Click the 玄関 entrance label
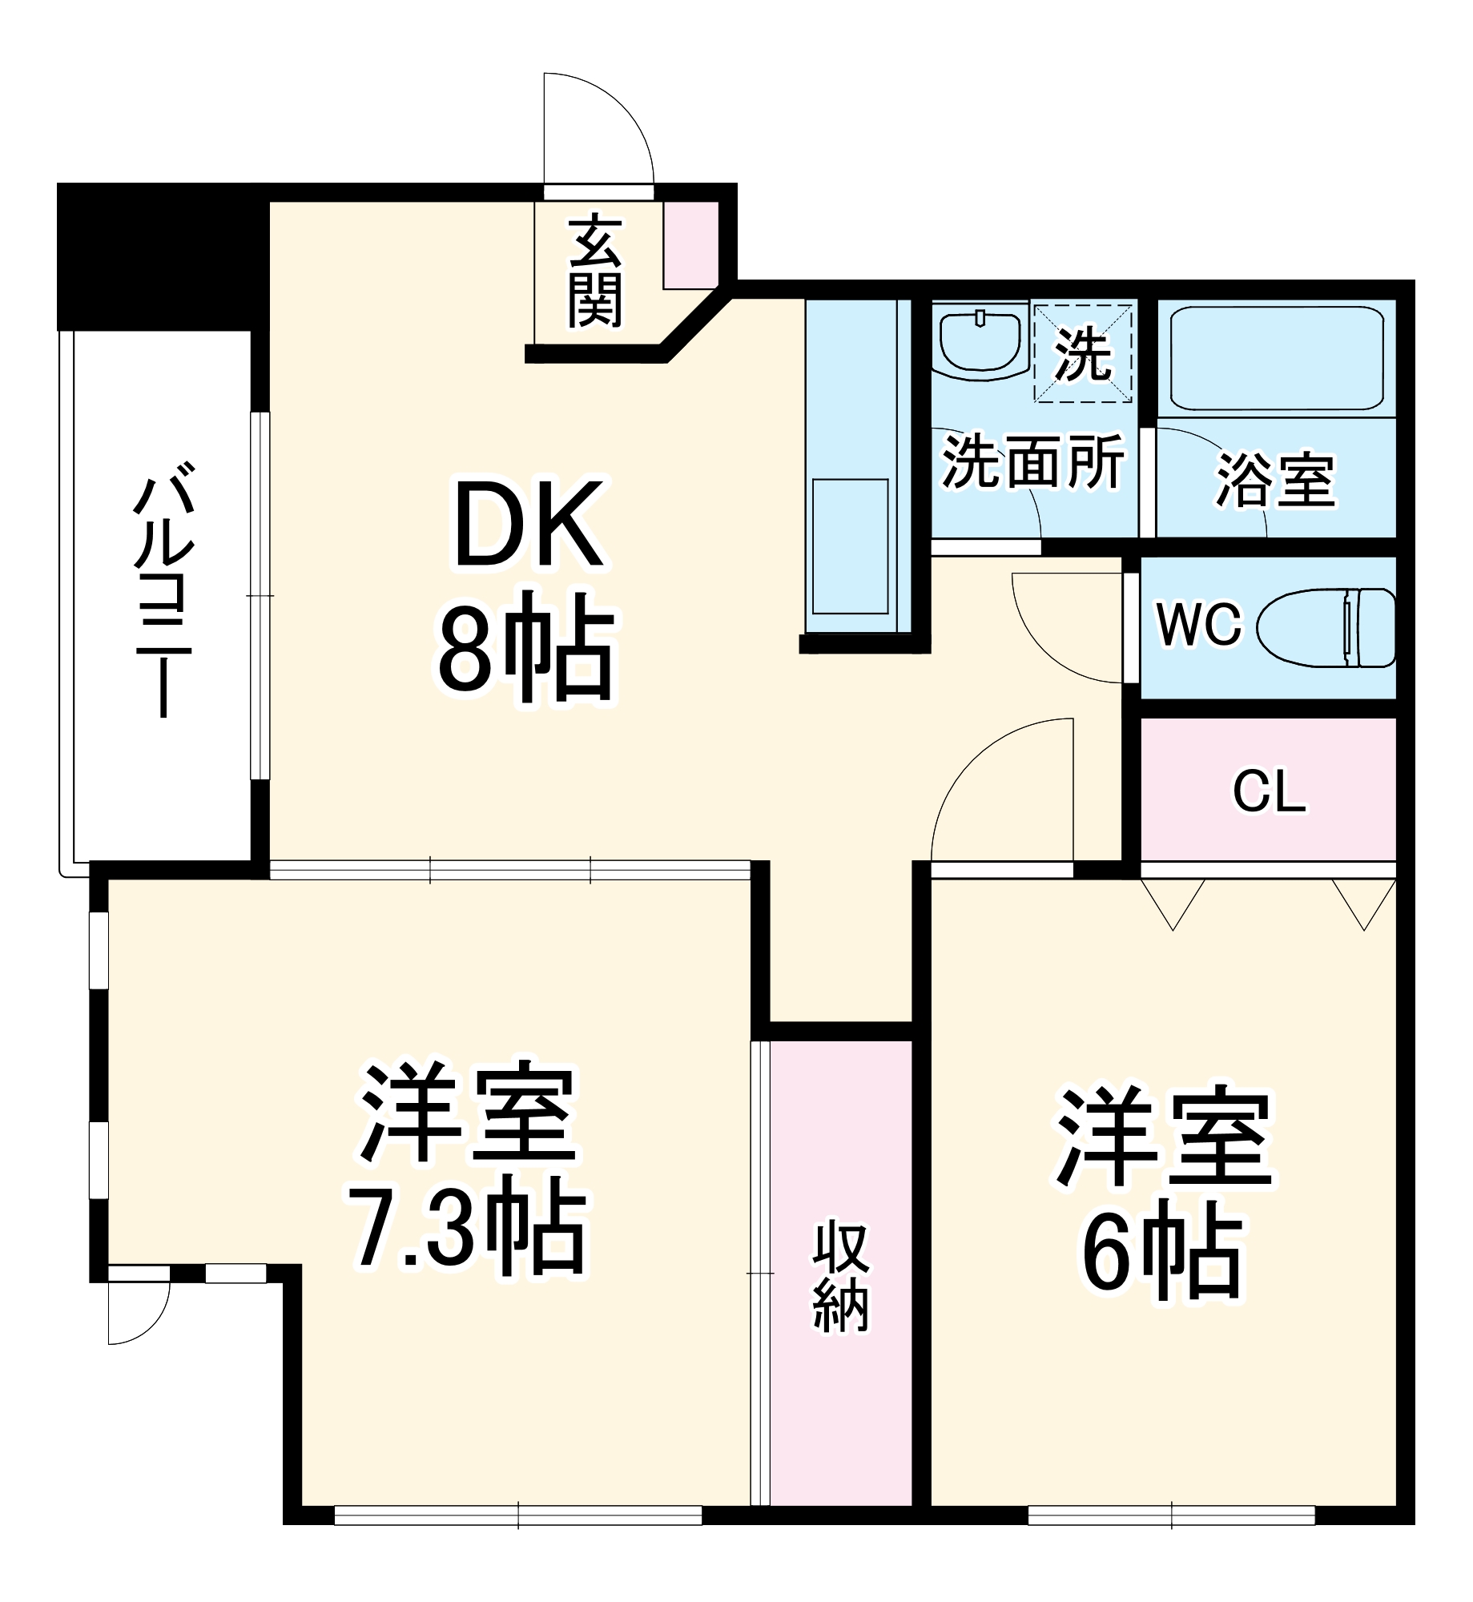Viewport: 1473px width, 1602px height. (595, 271)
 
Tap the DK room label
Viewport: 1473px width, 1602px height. (528, 525)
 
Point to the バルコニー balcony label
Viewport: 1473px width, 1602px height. (163, 589)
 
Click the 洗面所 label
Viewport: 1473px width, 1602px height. (1033, 462)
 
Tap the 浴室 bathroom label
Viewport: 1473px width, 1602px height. (1276, 480)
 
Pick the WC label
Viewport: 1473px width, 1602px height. (1199, 624)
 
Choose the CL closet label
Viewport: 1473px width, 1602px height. (1269, 792)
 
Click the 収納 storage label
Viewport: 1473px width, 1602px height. (840, 1277)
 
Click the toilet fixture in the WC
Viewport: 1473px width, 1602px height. (1326, 628)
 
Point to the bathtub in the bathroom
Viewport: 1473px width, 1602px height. (1276, 358)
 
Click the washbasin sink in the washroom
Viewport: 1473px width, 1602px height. (980, 342)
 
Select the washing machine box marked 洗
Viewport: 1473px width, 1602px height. (1083, 353)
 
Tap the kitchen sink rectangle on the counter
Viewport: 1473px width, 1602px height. (850, 546)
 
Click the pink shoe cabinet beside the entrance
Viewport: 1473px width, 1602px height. (691, 244)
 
